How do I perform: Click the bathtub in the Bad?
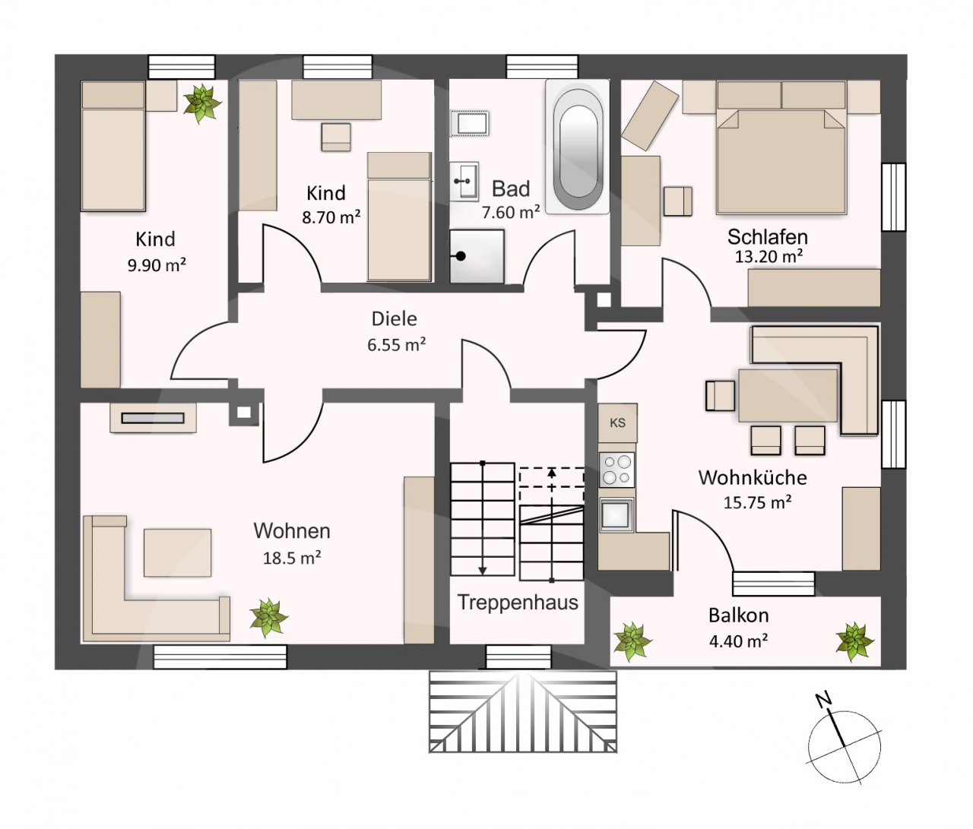(x=577, y=147)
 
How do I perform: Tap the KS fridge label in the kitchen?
(x=617, y=422)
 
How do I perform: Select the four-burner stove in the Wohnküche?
(x=616, y=469)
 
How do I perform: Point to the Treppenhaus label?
(x=518, y=603)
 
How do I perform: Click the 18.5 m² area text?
(x=292, y=558)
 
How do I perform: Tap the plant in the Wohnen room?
(x=269, y=618)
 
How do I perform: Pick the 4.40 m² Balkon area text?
(x=739, y=641)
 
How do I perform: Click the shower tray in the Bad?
(x=477, y=256)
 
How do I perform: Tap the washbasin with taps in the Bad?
(x=464, y=181)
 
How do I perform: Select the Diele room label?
(x=395, y=319)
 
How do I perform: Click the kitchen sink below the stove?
(x=616, y=514)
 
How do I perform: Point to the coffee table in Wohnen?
(x=177, y=552)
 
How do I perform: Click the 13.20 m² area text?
(x=769, y=257)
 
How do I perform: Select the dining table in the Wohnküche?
(x=788, y=395)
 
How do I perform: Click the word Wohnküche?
(x=753, y=478)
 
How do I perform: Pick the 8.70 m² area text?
(x=331, y=217)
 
